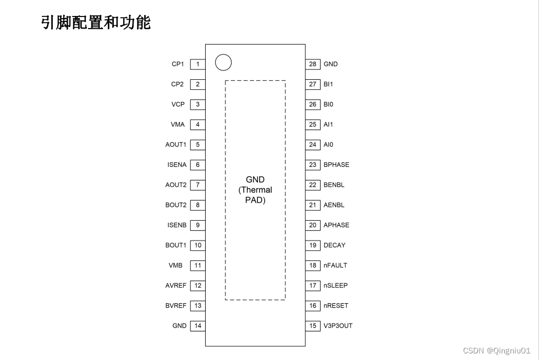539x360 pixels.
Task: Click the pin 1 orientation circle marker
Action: [x=223, y=63]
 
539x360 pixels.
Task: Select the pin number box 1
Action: [x=197, y=64]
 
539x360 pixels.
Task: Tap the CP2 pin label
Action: [x=177, y=84]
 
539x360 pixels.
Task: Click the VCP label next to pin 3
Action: [x=178, y=105]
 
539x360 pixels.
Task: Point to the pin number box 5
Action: [x=197, y=145]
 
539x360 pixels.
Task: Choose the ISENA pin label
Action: [x=177, y=165]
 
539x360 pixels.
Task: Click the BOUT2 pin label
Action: [x=175, y=205]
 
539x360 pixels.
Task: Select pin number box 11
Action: [x=197, y=265]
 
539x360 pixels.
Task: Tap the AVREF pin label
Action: [x=175, y=286]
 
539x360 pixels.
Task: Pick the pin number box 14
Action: [x=197, y=326]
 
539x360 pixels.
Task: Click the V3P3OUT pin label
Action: [x=338, y=326]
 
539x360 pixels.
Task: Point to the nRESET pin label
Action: [x=335, y=306]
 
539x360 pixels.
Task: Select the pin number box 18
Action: [x=313, y=265]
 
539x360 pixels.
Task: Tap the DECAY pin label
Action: [x=334, y=246]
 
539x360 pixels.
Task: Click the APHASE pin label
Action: [x=336, y=225]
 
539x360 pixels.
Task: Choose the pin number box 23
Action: [x=313, y=165]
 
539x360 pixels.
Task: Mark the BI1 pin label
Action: [x=328, y=84]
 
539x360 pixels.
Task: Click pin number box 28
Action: [x=313, y=64]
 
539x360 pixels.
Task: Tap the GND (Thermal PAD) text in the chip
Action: [x=255, y=190]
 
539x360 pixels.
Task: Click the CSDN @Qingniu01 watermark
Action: [x=496, y=351]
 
